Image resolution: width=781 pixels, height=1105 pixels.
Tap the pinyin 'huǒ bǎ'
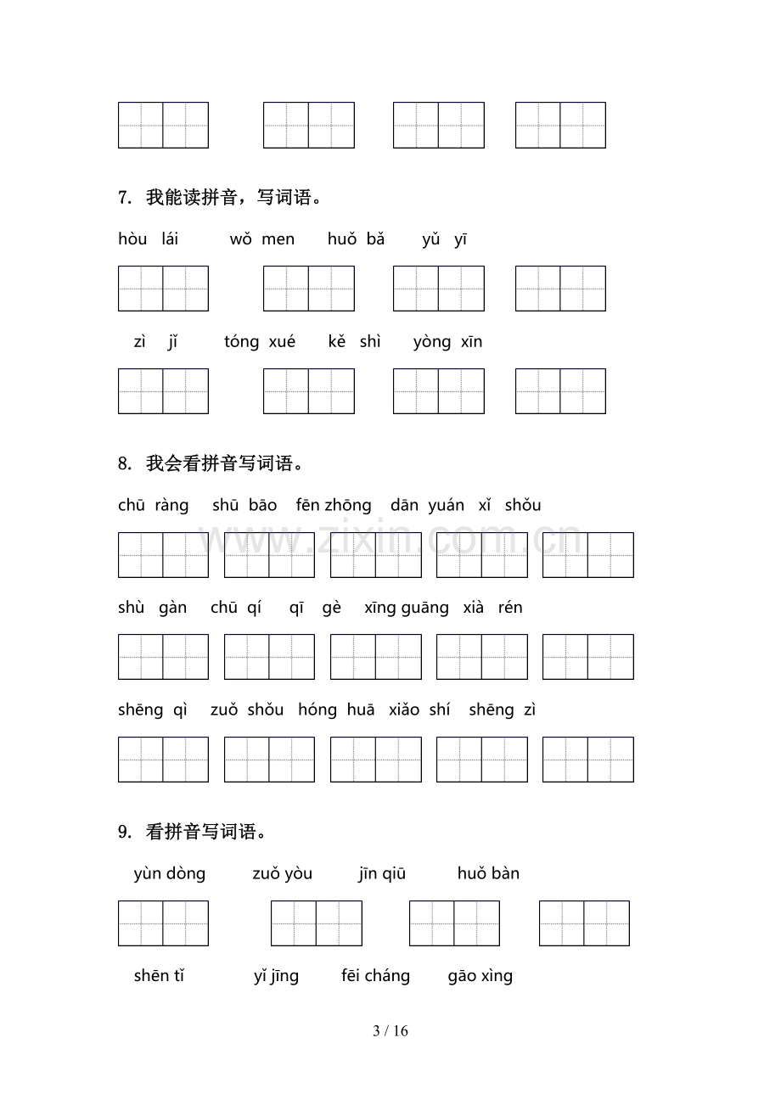pyautogui.click(x=356, y=239)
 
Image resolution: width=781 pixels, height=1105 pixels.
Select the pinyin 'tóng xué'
pyautogui.click(x=260, y=342)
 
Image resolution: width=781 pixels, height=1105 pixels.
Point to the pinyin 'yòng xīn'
pyautogui.click(x=447, y=342)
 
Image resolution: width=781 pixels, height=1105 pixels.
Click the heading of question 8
pyautogui.click(x=211, y=463)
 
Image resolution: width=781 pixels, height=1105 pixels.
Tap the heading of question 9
pyautogui.click(x=193, y=832)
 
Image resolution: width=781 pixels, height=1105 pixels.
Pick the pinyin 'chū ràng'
pyautogui.click(x=154, y=506)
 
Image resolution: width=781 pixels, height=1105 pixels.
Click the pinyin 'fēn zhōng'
pyautogui.click(x=334, y=506)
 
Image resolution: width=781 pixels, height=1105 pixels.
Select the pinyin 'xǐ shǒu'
pyautogui.click(x=509, y=506)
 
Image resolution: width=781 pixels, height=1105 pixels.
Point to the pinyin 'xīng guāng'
pyautogui.click(x=407, y=608)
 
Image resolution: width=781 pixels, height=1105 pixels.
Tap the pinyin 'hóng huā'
pyautogui.click(x=336, y=710)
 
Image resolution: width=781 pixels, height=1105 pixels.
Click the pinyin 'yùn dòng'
pyautogui.click(x=170, y=874)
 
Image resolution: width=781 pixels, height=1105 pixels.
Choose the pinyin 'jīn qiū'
pyautogui.click(x=382, y=874)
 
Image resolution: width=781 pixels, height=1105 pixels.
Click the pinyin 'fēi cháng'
pyautogui.click(x=375, y=976)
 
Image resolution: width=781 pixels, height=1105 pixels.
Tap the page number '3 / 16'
pyautogui.click(x=390, y=1032)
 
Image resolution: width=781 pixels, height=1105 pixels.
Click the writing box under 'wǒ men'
pyautogui.click(x=309, y=289)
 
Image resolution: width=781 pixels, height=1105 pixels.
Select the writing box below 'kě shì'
pyautogui.click(x=439, y=391)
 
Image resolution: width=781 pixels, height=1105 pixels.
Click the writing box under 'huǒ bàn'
pyautogui.click(x=584, y=923)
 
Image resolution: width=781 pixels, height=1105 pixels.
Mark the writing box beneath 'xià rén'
pyautogui.click(x=588, y=657)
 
